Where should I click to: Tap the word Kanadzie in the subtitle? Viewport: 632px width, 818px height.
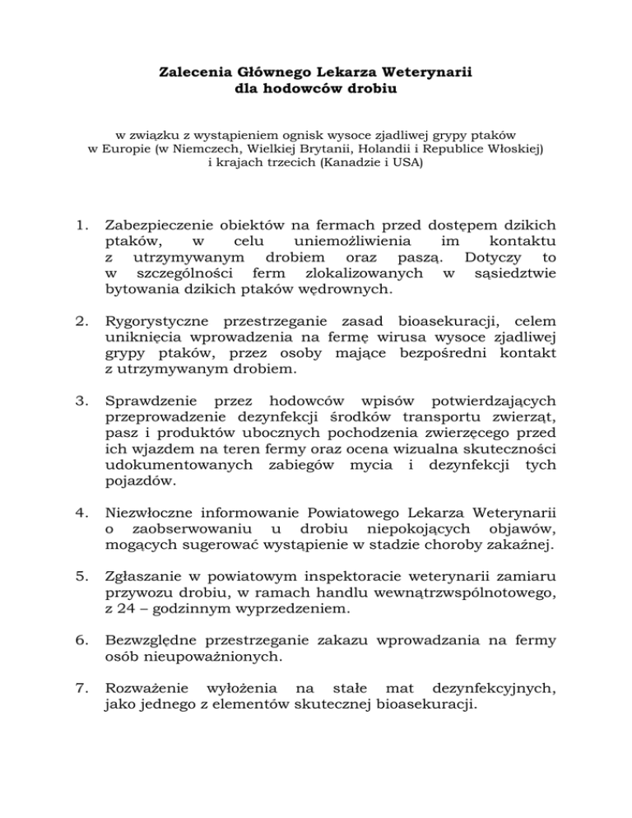tap(340, 163)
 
